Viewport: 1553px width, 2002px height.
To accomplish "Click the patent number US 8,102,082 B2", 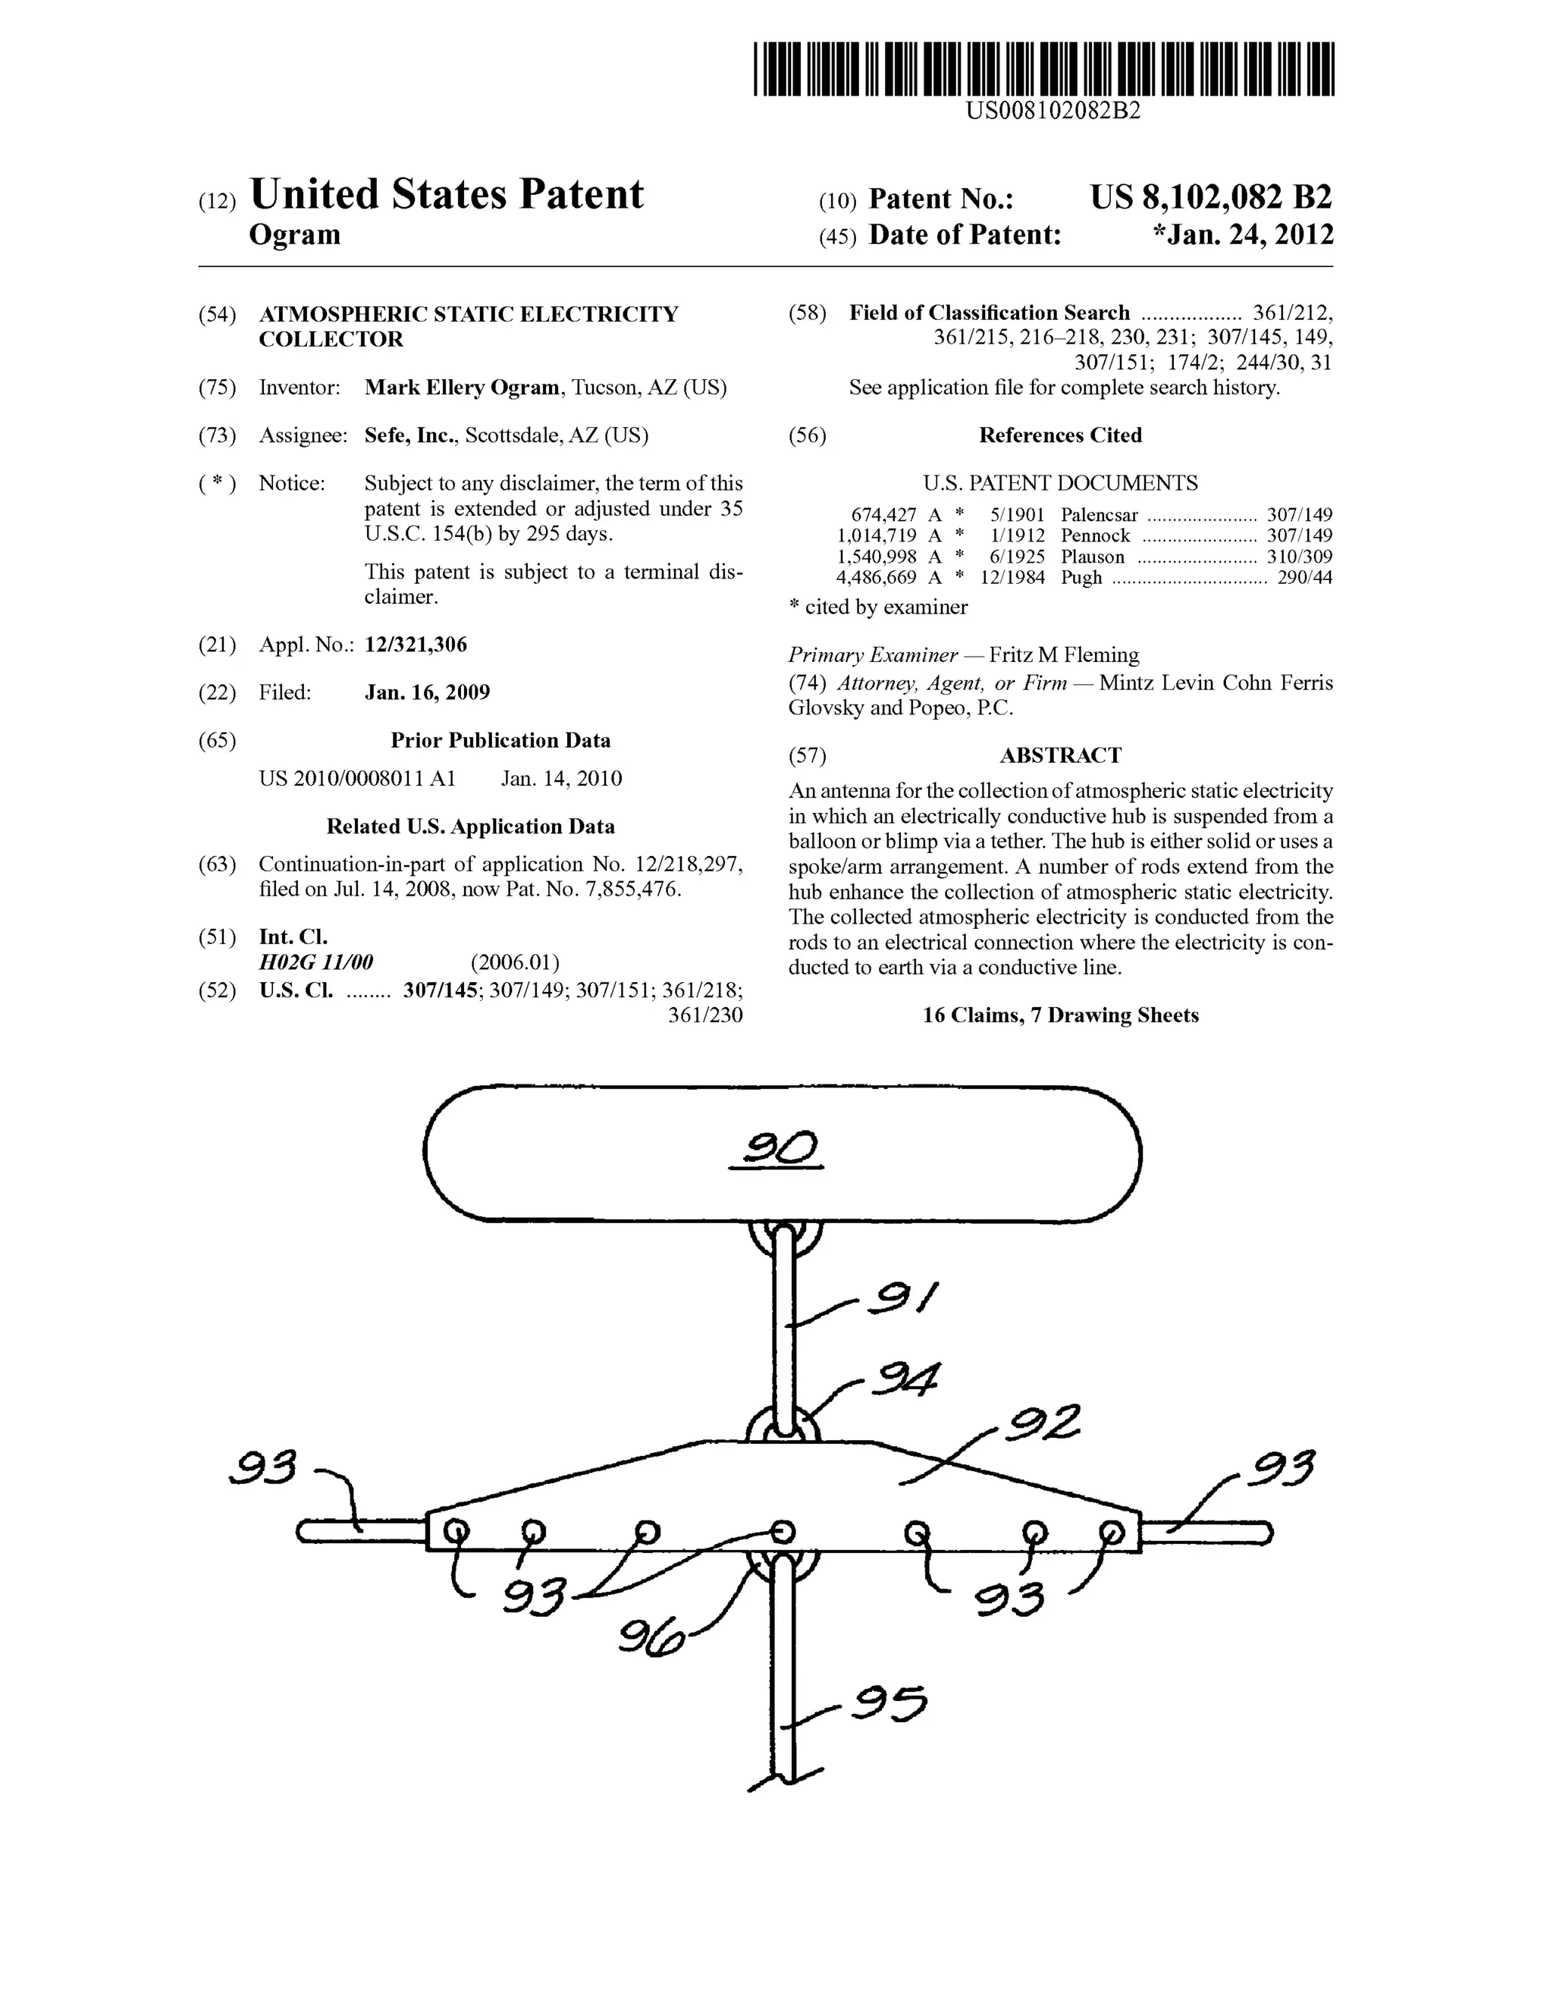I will [x=1210, y=198].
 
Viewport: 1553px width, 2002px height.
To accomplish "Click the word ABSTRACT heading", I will [x=1060, y=755].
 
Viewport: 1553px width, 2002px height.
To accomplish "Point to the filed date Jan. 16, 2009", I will [x=427, y=692].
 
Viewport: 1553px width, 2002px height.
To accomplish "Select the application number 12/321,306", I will [x=416, y=645].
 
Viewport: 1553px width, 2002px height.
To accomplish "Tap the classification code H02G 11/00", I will [x=316, y=962].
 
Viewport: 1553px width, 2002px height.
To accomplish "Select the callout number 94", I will [x=905, y=1379].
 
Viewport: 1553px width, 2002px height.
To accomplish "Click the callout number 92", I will [x=1043, y=1423].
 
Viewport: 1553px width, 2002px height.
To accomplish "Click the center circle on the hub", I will [x=782, y=1532].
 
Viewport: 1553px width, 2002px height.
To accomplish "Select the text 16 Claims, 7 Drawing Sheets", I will [x=1060, y=1015].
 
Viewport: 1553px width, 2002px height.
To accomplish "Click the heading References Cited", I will [x=1060, y=435].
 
